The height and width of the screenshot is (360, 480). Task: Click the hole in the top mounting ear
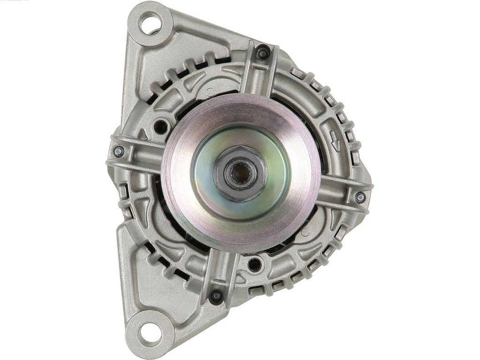coord(151,22)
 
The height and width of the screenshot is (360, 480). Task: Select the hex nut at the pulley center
coord(240,173)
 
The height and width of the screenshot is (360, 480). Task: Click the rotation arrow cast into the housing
coord(334,141)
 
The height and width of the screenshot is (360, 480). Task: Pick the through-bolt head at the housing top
coord(262,53)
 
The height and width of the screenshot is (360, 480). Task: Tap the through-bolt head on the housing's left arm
coord(119,151)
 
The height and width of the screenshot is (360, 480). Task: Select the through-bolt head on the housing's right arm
coord(360,197)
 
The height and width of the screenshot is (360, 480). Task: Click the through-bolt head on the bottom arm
coord(216,295)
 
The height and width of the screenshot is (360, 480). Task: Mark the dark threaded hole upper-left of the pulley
coord(161,126)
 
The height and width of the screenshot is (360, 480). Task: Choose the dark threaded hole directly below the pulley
coord(255,265)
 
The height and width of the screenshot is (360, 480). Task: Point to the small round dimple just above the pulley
coord(210,92)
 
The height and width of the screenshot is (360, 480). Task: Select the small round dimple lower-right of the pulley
coord(305,232)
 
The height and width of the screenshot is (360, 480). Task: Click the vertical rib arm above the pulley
coord(259,75)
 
